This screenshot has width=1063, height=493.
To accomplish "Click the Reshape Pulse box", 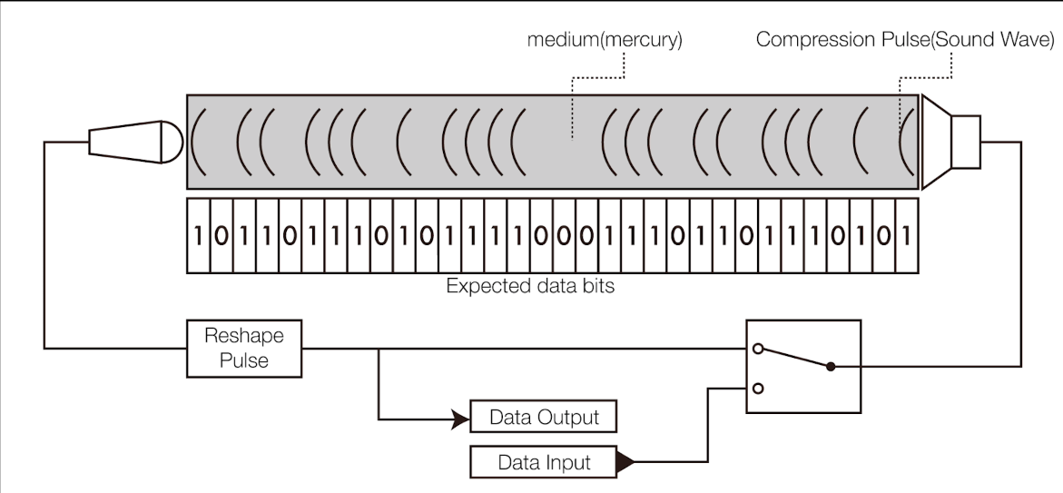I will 244,348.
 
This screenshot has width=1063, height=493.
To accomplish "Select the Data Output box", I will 544,418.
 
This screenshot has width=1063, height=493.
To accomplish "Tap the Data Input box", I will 544,462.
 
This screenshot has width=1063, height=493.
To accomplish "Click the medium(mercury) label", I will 605,40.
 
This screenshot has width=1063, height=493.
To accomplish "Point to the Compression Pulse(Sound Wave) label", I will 904,40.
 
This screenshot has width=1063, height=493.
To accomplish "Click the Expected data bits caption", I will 530,287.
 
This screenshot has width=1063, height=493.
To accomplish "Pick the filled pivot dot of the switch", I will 830,367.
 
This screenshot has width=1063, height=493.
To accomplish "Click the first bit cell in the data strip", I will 198,236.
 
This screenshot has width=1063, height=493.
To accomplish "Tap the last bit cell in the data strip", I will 906,236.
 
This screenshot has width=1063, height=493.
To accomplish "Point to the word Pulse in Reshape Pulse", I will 244,360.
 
